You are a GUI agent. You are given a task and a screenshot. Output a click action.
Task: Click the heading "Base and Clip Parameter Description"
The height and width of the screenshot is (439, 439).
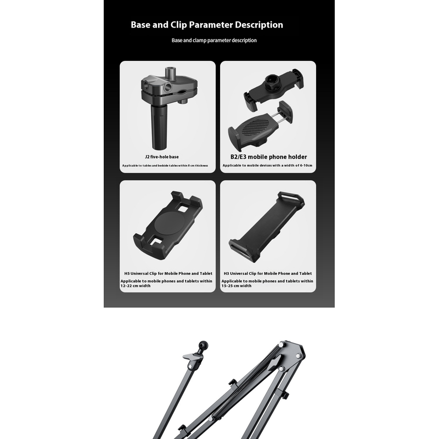click(207, 25)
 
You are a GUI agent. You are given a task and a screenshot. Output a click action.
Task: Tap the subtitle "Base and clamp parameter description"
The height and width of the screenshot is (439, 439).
click(214, 40)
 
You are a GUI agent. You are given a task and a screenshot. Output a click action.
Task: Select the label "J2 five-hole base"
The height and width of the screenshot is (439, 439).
click(162, 157)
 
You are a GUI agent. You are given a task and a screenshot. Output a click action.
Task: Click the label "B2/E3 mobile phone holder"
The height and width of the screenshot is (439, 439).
click(268, 157)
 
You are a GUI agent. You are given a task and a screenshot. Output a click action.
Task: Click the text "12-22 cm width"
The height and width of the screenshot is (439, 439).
click(136, 286)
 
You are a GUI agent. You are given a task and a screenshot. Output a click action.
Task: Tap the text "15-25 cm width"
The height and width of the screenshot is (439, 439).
click(237, 286)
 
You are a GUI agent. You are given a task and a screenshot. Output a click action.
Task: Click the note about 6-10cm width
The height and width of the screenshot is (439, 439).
click(267, 166)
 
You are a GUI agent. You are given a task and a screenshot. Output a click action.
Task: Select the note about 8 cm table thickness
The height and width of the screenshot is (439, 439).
click(165, 166)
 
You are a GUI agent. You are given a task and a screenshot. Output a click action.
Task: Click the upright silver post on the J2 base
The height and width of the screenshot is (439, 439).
click(170, 74)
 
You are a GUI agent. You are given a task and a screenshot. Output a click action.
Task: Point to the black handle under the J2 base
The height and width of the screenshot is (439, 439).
click(159, 127)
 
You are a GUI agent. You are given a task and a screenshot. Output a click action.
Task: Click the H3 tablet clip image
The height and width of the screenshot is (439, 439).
click(267, 227)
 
